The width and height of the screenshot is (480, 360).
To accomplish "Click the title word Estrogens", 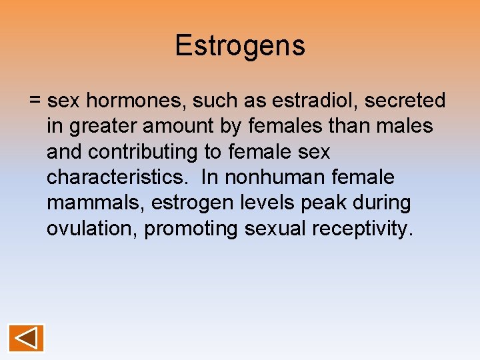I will pos(240,46).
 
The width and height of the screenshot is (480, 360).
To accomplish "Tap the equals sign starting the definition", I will pos(35,101).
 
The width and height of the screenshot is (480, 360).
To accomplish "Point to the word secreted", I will pos(405,101).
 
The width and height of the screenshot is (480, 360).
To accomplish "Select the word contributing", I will pos(144,152).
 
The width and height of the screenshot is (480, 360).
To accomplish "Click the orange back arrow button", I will pos(26,337).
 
